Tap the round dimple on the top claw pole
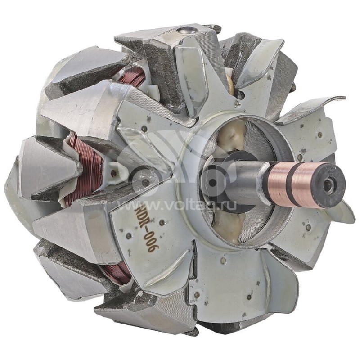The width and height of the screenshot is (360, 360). tap(185, 31)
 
